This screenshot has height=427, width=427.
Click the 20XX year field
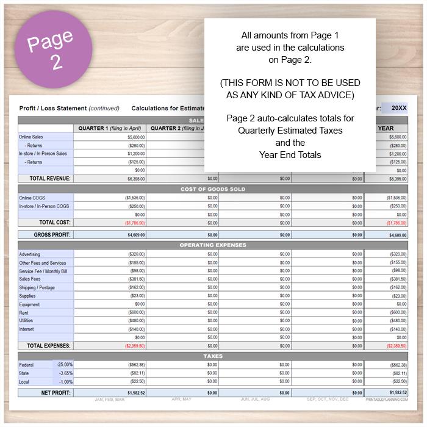(399, 108)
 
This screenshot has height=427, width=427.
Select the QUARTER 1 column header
(109, 128)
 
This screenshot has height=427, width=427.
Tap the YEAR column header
(386, 128)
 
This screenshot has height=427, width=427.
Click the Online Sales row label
(31, 137)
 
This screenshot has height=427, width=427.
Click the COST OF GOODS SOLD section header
(213, 189)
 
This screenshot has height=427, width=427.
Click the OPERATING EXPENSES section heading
(213, 245)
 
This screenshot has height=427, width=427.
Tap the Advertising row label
(30, 254)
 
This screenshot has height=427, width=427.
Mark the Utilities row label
(26, 320)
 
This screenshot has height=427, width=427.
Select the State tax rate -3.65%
(64, 373)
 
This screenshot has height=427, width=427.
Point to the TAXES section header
(213, 356)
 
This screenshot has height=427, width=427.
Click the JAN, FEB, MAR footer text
(110, 400)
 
